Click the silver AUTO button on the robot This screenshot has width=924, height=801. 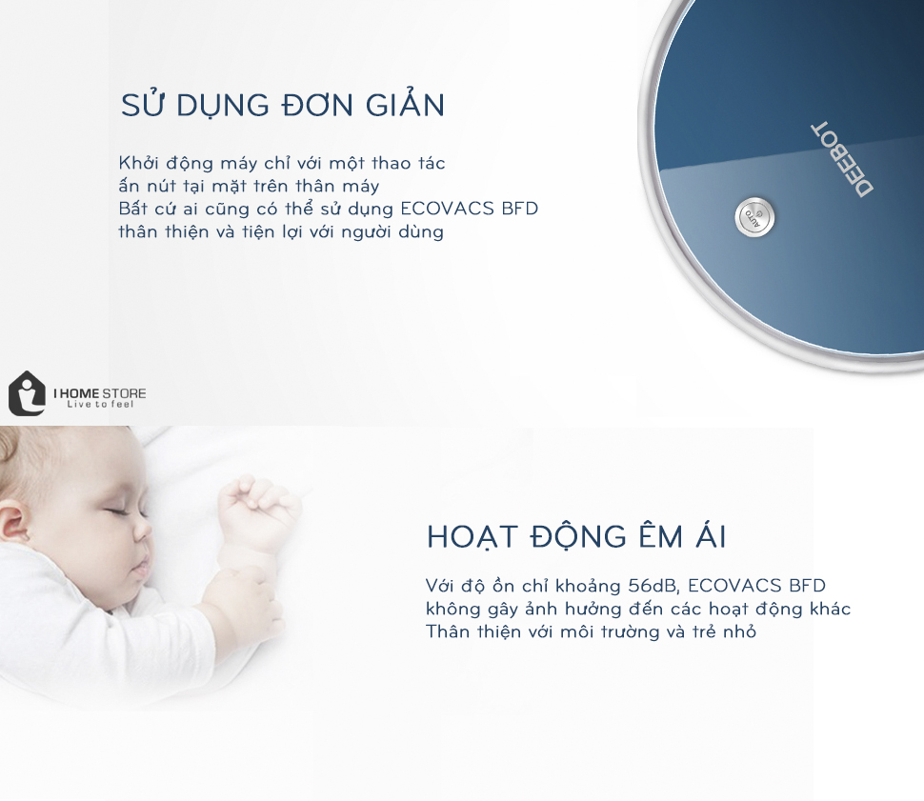coord(754,217)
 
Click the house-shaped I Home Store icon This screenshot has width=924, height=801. coord(27,393)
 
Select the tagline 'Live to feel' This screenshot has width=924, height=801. coord(100,405)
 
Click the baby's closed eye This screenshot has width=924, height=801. coord(124,511)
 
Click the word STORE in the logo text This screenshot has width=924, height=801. coord(125,393)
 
